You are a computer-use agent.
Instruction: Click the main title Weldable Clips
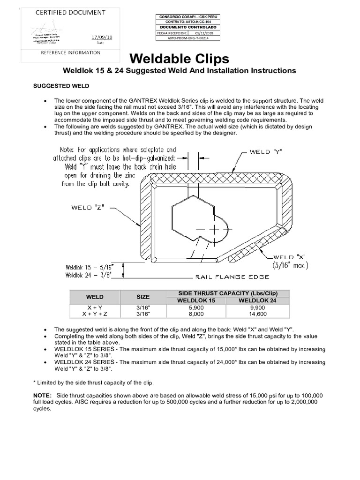click(x=180, y=59)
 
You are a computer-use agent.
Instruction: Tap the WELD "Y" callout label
click(x=266, y=151)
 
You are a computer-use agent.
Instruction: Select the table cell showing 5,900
click(x=196, y=307)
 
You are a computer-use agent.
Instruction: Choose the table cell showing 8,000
click(x=196, y=314)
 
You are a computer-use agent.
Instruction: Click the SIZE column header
click(x=143, y=297)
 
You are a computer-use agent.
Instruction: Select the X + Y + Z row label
click(x=95, y=314)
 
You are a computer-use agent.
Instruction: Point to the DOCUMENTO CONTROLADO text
click(x=187, y=28)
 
